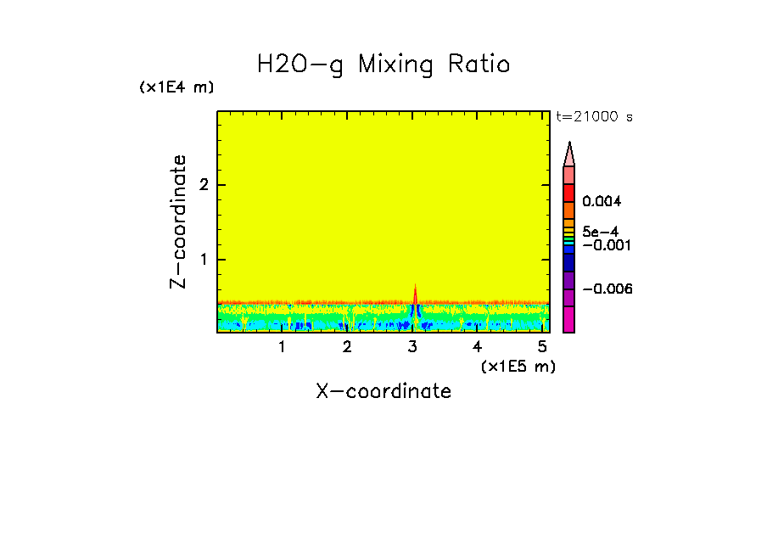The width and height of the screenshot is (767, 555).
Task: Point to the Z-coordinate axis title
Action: coord(179,221)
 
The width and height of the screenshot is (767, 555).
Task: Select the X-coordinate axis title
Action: coord(383,391)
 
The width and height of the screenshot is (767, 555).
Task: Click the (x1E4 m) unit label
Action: coord(176,87)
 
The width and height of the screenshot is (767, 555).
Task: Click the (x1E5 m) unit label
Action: coord(518,366)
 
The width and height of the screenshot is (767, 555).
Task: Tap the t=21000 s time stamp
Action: coord(594,117)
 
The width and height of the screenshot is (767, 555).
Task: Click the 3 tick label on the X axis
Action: coord(412,347)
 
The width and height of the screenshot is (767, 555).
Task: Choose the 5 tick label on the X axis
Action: coord(543,347)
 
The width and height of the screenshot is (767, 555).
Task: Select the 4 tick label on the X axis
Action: coord(478,347)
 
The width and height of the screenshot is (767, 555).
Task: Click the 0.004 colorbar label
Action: coord(602,202)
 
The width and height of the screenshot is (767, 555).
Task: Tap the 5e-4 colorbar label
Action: coord(600,232)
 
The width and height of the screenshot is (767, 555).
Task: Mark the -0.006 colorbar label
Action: coord(607,289)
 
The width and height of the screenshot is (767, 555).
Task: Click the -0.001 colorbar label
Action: coord(607,245)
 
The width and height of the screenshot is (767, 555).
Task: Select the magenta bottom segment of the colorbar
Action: coord(568,320)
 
